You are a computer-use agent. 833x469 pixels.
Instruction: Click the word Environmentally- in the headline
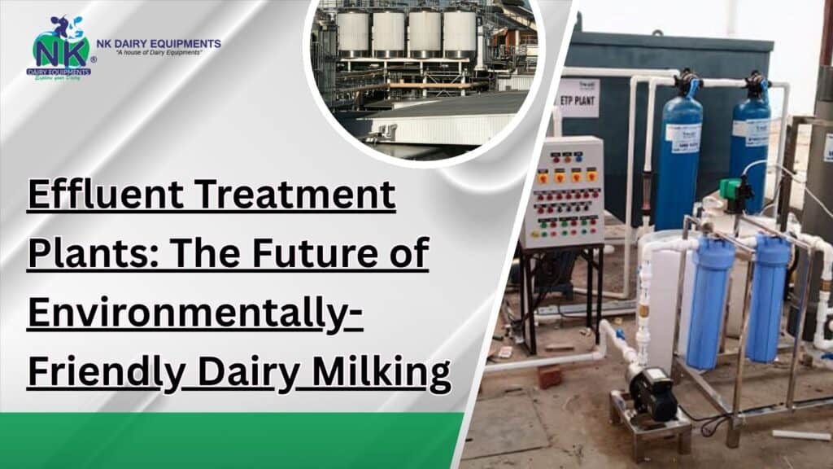196,316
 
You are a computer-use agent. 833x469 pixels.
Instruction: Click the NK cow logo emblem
61,47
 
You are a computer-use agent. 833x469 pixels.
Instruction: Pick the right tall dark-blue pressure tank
749,147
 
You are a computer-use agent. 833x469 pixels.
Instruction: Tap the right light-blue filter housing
767,297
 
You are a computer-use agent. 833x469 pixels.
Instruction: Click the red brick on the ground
549,377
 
